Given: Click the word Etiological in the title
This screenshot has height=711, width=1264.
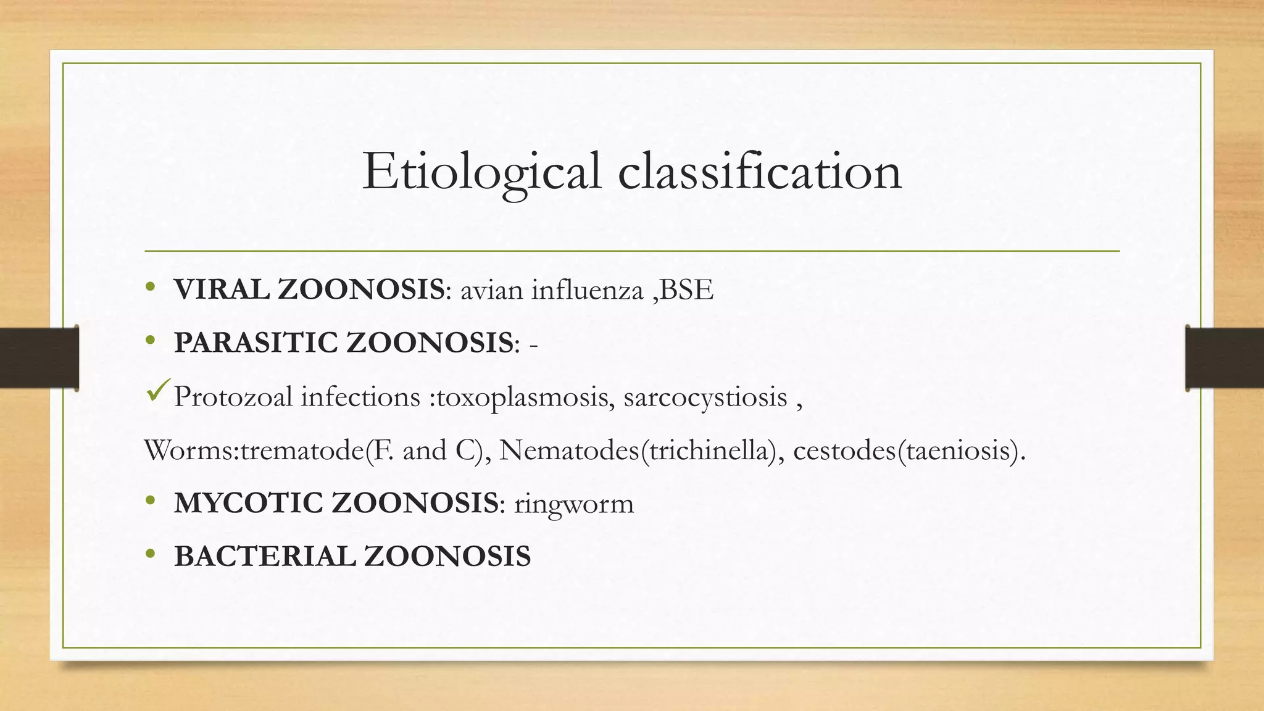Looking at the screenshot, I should pyautogui.click(x=481, y=172).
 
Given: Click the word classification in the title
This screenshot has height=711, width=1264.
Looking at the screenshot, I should pyautogui.click(x=760, y=171).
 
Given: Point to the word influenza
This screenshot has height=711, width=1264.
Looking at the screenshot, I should pyautogui.click(x=587, y=289).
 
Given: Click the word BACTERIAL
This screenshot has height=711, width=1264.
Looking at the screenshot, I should pyautogui.click(x=265, y=556).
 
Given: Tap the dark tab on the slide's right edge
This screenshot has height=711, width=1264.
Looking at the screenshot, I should pyautogui.click(x=1224, y=358).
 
